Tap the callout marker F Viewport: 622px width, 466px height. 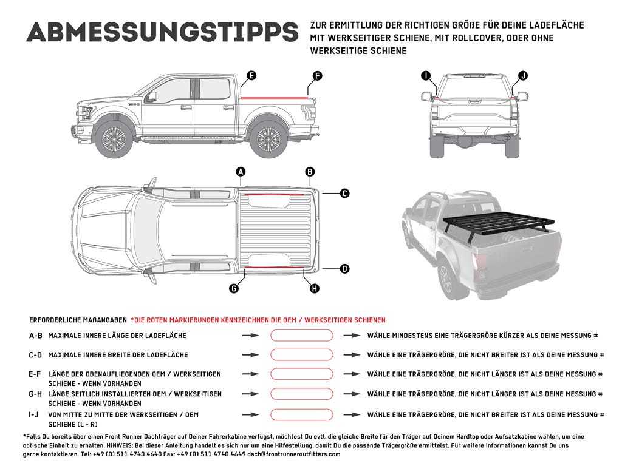coord(316,76)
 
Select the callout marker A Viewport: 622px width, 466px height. coord(241,172)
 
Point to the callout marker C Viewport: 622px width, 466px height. coord(344,194)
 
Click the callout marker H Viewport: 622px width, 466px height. coord(314,289)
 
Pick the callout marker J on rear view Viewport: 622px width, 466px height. coord(522,76)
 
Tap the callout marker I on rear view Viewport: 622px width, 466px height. coord(426,76)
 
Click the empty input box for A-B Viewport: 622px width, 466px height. coord(301,336)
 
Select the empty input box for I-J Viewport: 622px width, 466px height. coord(301,415)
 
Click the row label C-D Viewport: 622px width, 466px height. coord(35,355)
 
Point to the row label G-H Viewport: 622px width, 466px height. coord(35,394)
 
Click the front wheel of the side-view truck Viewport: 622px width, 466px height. coord(114,140)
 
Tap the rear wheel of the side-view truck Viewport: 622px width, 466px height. coord(267,140)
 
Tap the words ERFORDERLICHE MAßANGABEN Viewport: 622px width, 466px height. coord(78,320)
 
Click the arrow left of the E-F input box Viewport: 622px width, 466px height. coord(251,374)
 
